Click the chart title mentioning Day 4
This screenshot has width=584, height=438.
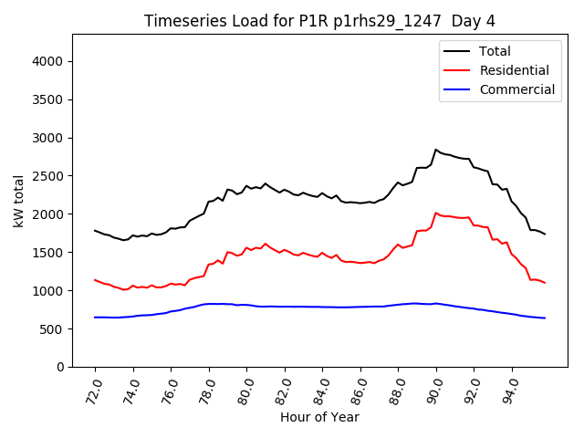(x=319, y=21)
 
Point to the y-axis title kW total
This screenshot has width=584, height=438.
(x=18, y=201)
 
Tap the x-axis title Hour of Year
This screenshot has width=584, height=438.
(x=319, y=417)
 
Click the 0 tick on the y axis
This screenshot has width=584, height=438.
(x=60, y=367)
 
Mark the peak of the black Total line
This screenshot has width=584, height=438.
(x=436, y=150)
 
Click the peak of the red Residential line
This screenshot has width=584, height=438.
(x=436, y=213)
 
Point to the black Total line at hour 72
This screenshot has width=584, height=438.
(x=96, y=231)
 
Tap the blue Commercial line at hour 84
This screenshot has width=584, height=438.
(x=322, y=307)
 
